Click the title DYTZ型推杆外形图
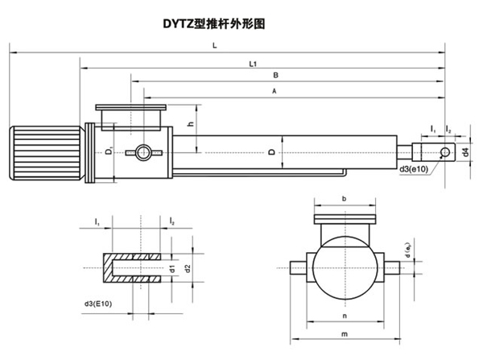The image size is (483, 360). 214,23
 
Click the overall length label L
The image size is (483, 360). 215,46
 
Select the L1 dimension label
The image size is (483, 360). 253,64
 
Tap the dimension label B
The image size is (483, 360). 275,75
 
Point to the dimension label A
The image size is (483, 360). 275,91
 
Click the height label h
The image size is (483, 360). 192,123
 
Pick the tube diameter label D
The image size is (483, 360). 272,152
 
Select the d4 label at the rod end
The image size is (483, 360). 466,152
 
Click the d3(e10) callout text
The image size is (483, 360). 414,169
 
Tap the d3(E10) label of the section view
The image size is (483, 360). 98,304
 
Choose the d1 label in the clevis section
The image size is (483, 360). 172,269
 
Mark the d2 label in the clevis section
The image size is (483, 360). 188,269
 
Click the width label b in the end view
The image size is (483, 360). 344,199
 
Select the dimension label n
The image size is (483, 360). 345,316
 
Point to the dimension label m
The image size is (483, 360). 345,334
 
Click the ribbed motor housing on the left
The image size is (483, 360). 46,152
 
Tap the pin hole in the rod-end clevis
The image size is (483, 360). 445,152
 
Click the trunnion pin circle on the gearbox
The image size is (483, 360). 143,152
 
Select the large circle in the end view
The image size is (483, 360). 345,268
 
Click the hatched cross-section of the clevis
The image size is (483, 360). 132,268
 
